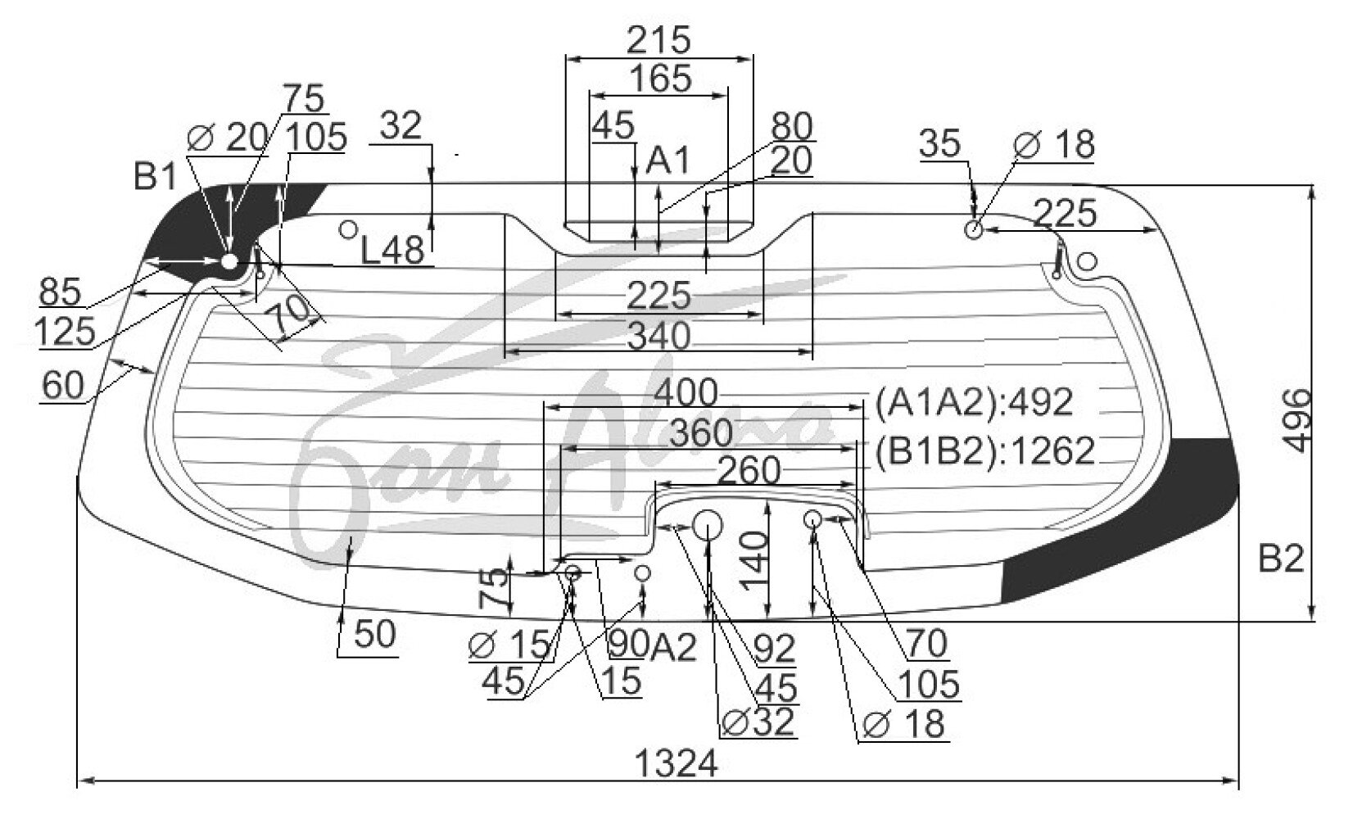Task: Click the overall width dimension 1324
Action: pyautogui.click(x=676, y=764)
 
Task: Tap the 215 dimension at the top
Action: pyautogui.click(x=659, y=39)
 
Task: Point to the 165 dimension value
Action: pyautogui.click(x=660, y=79)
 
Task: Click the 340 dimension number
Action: pyautogui.click(x=658, y=336)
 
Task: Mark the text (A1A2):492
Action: pyautogui.click(x=973, y=402)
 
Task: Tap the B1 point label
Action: pyautogui.click(x=156, y=176)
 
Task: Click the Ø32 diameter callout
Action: pyautogui.click(x=758, y=721)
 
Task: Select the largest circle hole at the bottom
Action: pyautogui.click(x=708, y=524)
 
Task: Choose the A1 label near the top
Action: pyautogui.click(x=668, y=161)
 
